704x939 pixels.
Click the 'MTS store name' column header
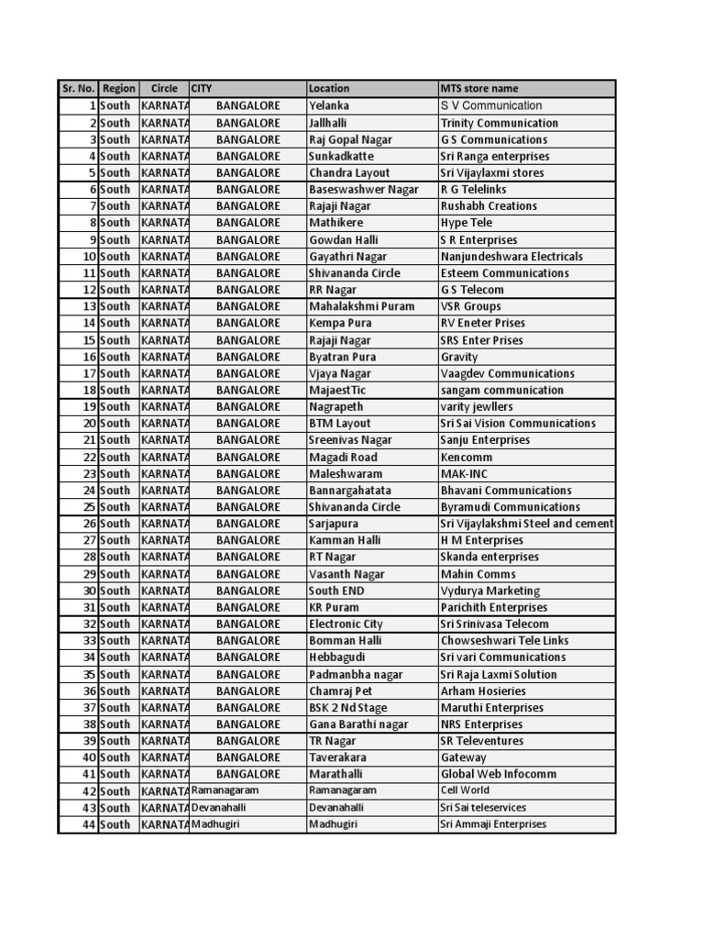point(479,89)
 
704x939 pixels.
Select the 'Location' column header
point(329,89)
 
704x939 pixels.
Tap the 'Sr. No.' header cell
point(78,89)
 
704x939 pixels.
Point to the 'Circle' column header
point(164,89)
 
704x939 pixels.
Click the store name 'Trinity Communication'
point(499,123)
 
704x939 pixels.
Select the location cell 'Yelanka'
point(329,106)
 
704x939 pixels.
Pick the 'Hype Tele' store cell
point(467,223)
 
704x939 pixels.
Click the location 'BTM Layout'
point(340,424)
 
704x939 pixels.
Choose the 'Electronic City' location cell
point(346,624)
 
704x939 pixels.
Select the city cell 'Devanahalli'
point(219,808)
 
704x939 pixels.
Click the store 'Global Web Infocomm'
point(498,774)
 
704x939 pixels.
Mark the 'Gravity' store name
point(459,357)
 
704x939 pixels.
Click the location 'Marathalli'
point(335,774)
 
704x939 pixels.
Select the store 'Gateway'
point(464,757)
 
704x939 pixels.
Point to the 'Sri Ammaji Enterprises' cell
point(493,824)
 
